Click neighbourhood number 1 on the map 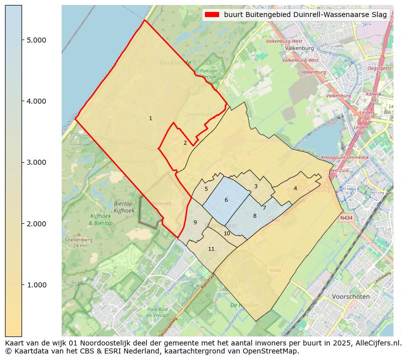150,118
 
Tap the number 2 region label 185,143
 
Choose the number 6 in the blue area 226,200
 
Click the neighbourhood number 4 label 295,188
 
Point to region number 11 211,249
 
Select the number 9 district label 195,222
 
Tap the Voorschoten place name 350,296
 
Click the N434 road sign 346,218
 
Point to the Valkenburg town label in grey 299,49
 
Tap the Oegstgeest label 379,68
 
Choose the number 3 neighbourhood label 256,186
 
